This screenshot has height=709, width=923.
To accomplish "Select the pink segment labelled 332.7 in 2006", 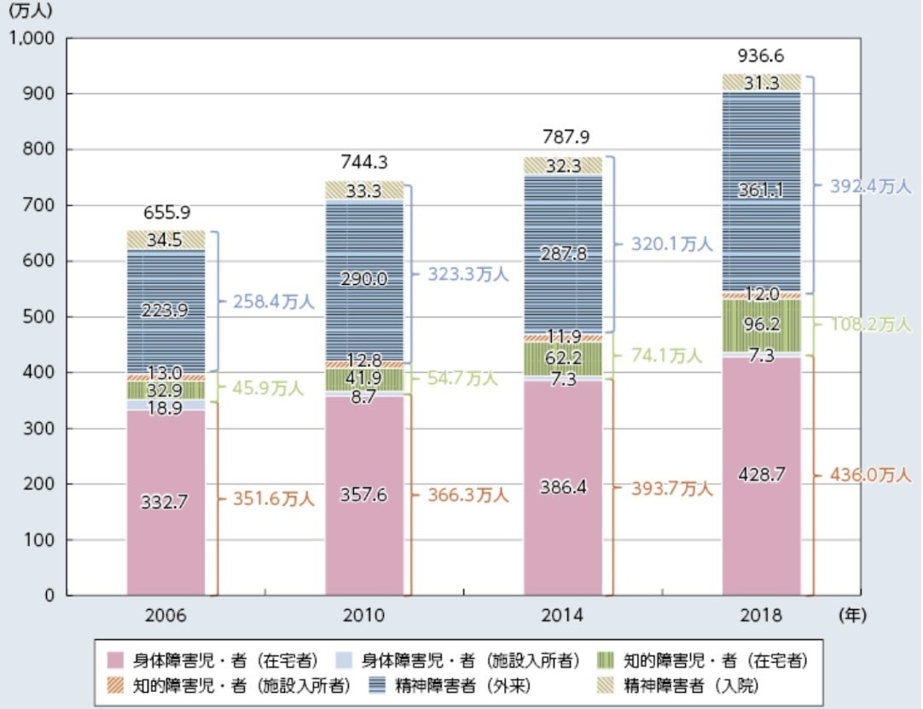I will (x=165, y=503).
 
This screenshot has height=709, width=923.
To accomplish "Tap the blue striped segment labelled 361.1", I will (x=761, y=192).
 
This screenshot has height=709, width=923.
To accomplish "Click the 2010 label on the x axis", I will (x=365, y=614).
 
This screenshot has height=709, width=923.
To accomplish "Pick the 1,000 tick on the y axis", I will (x=31, y=38).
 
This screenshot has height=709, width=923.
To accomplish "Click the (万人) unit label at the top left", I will (x=32, y=12).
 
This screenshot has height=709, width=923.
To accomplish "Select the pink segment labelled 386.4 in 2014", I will (x=563, y=487).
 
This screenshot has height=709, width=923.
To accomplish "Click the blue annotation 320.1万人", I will (x=671, y=244).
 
